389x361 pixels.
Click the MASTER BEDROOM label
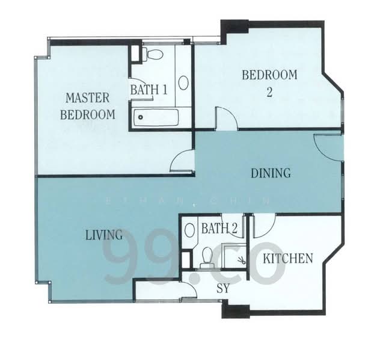point(88,106)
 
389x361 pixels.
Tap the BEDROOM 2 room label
point(269,84)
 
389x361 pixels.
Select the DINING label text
point(271,173)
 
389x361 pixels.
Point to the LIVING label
point(104,235)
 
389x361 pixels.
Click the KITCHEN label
point(288,259)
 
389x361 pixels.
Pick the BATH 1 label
point(149,90)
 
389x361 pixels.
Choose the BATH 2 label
point(219,228)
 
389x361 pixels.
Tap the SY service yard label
point(223,288)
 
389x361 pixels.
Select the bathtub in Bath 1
point(156,117)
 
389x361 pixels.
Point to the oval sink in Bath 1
point(183,82)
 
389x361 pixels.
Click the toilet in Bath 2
point(207,258)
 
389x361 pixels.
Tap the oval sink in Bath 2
point(190,230)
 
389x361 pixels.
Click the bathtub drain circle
point(141,117)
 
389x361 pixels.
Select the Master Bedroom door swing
point(182,161)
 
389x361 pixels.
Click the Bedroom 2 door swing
point(227,119)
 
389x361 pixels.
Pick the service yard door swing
point(189,290)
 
